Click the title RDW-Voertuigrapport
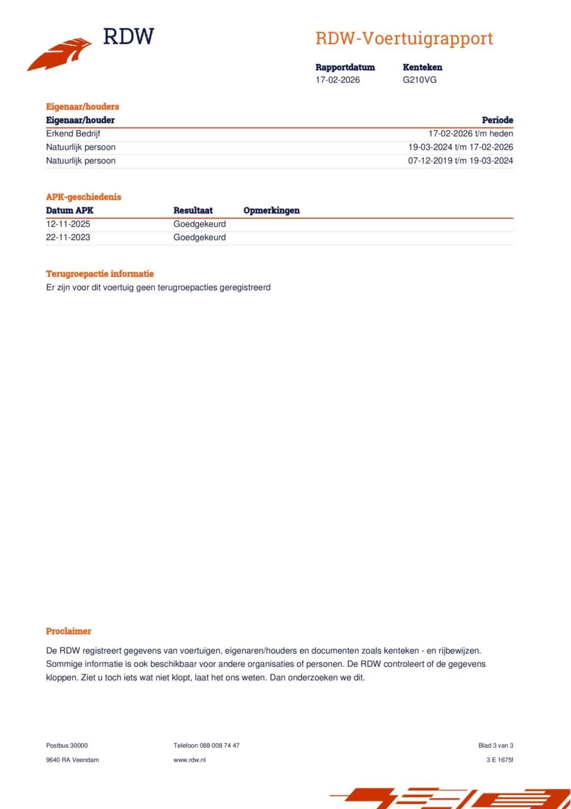[x=404, y=39]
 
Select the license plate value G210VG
[x=419, y=80]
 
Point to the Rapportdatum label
[x=345, y=67]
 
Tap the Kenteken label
[x=422, y=67]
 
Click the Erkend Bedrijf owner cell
[x=73, y=134]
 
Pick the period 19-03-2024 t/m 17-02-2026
[x=460, y=147]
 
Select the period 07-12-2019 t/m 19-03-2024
[x=460, y=161]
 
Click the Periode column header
[x=497, y=120]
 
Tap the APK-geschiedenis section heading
[x=83, y=197]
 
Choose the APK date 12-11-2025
[x=68, y=224]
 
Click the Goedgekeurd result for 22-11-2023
[x=200, y=238]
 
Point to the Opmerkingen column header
[x=272, y=210]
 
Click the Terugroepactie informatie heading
[x=100, y=274]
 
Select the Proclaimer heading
[x=68, y=631]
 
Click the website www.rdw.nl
[x=189, y=760]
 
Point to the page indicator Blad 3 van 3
[x=496, y=745]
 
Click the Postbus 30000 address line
[x=67, y=745]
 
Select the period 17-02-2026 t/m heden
[x=471, y=134]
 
